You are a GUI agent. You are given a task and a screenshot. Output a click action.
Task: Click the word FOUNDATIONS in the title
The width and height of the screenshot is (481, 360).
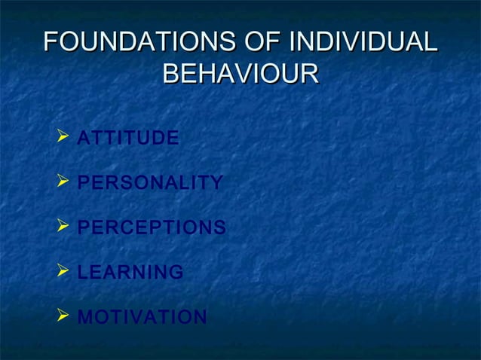tap(138, 42)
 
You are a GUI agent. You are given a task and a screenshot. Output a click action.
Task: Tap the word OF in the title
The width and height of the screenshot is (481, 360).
tap(261, 42)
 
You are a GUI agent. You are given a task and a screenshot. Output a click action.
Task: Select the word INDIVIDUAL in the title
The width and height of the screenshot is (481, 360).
tap(363, 42)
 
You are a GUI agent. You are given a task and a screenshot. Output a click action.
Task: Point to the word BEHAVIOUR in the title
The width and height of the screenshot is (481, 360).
tap(240, 75)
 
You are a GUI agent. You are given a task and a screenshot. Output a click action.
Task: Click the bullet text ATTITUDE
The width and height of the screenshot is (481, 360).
tap(128, 139)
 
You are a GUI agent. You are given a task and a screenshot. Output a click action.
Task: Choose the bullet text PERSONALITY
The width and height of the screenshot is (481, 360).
tap(150, 183)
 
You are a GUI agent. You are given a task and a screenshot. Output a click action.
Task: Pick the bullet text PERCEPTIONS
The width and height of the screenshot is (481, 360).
tap(152, 227)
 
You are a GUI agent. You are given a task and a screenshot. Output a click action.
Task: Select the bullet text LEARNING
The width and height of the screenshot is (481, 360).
tap(130, 272)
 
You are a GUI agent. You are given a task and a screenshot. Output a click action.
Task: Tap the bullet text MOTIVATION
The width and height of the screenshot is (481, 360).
tap(142, 317)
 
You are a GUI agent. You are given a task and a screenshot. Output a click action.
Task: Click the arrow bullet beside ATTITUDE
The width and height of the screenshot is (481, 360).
tap(63, 138)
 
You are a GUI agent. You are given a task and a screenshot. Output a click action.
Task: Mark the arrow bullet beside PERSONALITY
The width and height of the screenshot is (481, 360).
tap(63, 182)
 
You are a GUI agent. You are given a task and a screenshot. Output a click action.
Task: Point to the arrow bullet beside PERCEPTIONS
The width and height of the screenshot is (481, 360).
tap(63, 227)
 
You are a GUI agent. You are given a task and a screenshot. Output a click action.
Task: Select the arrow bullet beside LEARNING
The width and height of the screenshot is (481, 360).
tap(63, 271)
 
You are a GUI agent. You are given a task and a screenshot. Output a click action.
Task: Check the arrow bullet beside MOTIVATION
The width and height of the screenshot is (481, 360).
tap(63, 316)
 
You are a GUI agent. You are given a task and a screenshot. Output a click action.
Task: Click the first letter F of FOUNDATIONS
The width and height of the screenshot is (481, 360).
tap(51, 42)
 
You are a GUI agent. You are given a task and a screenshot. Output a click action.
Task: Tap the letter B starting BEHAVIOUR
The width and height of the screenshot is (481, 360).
tap(171, 75)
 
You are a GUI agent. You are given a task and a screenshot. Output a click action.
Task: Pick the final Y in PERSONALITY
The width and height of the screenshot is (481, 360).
tap(216, 183)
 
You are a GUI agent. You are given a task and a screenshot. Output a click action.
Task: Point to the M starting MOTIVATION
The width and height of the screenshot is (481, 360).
tap(85, 317)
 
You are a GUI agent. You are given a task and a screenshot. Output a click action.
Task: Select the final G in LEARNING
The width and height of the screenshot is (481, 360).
tap(176, 272)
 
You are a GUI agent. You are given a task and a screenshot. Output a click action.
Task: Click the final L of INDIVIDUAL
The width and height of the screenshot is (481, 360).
tap(430, 42)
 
